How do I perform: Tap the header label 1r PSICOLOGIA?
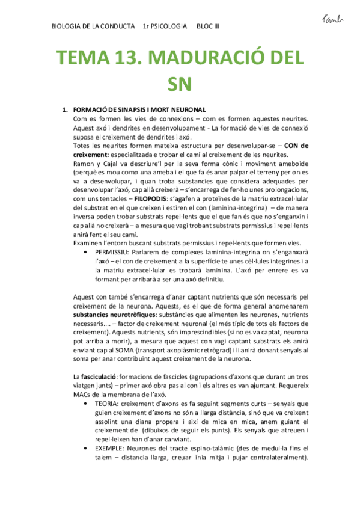tap(165, 27)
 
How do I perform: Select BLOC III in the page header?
tap(209, 27)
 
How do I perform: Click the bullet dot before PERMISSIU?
tap(88, 251)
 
